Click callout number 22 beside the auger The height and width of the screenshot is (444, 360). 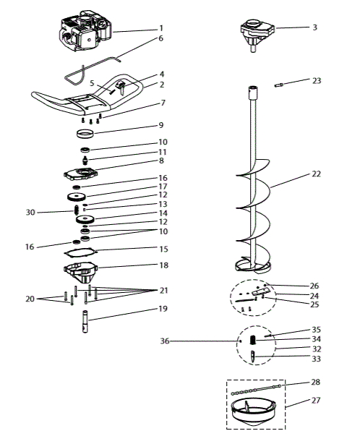pos(317,174)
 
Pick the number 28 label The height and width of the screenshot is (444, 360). pos(317,381)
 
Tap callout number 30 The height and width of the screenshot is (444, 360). pos(30,213)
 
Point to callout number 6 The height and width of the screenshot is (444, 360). pos(160,38)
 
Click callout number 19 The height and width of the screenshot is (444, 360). pos(163,309)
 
